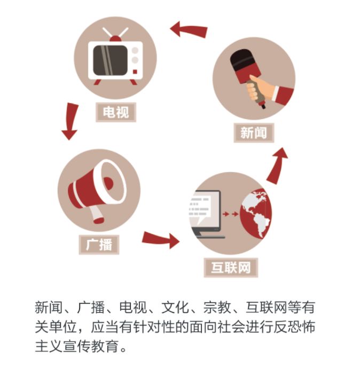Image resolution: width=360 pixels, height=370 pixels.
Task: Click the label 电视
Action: point(116,112)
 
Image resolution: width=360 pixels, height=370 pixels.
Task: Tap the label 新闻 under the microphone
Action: point(254,133)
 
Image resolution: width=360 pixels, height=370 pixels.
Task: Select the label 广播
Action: point(99,245)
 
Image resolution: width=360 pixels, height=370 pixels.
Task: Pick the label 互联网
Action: point(231,267)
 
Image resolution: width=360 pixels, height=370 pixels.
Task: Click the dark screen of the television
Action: point(110,60)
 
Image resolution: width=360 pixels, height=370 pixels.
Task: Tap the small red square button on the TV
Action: point(135,72)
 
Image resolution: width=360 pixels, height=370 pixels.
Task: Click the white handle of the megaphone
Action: point(96,214)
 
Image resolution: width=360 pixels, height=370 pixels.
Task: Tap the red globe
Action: point(256,214)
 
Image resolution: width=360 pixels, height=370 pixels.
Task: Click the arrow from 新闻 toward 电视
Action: point(189,30)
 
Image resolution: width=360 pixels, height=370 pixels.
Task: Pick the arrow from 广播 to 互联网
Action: point(161,239)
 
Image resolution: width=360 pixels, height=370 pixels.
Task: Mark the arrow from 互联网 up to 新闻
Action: point(277,165)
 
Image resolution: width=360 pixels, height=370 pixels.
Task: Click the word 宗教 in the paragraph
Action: point(217,308)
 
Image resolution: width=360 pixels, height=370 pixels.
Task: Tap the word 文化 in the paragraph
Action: point(175,308)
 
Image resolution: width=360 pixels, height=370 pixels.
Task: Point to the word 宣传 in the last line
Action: point(77,346)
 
